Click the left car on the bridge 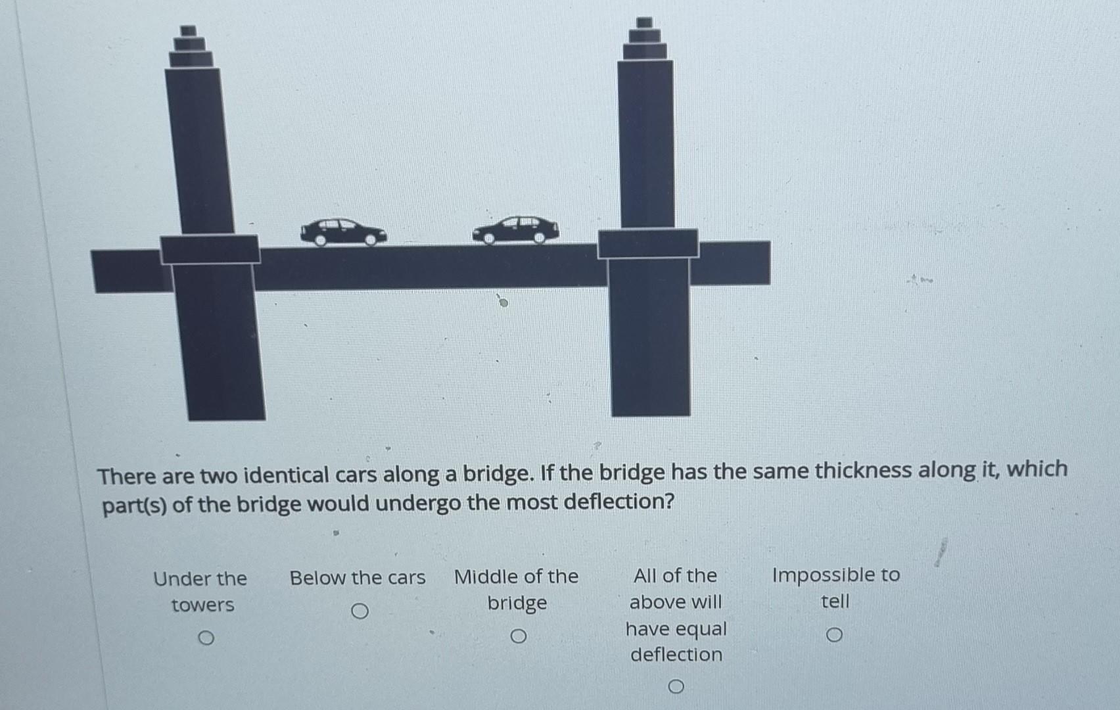[342, 232]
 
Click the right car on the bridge [516, 229]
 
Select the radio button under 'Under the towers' [206, 638]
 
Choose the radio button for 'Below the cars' [359, 611]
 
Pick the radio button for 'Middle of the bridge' [518, 636]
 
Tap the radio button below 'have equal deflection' [676, 687]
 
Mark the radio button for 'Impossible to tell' [834, 634]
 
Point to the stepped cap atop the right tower [645, 40]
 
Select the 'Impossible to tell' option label [835, 588]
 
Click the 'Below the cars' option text [358, 578]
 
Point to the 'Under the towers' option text [200, 591]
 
